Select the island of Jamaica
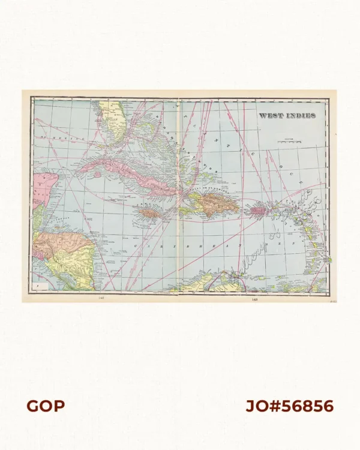point(148,212)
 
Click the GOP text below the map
point(46,406)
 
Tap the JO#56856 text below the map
point(289,406)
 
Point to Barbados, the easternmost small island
point(328,260)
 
